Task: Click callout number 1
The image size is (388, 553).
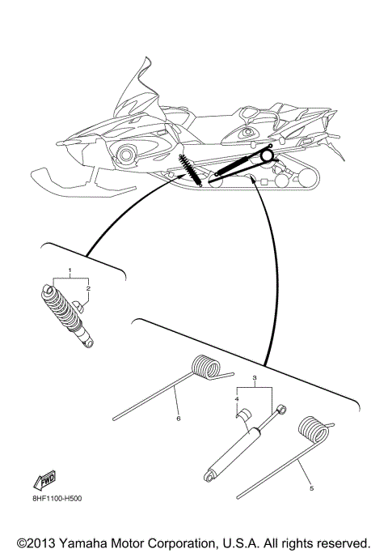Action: point(70,269)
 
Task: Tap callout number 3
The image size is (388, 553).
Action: point(255,378)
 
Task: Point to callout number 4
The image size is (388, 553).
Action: point(238,399)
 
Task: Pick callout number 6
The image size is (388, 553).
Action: point(178,419)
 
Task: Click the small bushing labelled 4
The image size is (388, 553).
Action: point(240,415)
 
